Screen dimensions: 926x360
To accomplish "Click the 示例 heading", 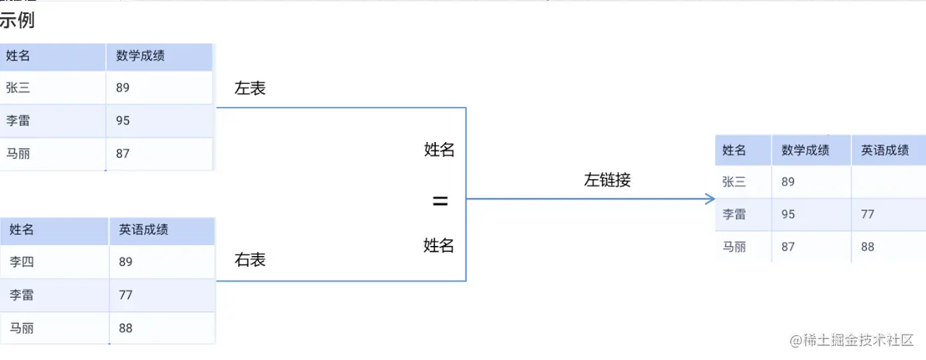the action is coord(17,20).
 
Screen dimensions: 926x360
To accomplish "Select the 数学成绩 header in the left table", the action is coord(140,56).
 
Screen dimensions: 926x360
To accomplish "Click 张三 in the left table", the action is coord(18,88).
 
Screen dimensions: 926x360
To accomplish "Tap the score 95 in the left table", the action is coord(123,120).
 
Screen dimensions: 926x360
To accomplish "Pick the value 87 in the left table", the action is coord(123,154).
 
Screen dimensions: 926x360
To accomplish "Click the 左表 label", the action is coord(250,88).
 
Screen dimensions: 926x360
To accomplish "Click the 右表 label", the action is coord(250,260).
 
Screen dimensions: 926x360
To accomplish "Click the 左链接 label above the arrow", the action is coord(607,180).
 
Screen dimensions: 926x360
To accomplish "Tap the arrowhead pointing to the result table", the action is coord(710,199).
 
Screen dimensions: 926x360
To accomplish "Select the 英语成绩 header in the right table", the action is coord(143,230).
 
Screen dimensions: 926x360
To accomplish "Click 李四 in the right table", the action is coord(22,262).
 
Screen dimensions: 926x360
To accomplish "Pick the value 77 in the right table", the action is coord(126,295).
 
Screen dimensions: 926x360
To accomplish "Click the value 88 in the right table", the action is coord(126,328).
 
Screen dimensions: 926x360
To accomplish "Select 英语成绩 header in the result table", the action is coord(885,151).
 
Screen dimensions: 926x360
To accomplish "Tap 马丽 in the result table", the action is coord(734,247).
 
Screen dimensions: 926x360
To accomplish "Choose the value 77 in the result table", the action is coord(868,214).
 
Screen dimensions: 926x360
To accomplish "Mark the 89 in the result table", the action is coord(788,182).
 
